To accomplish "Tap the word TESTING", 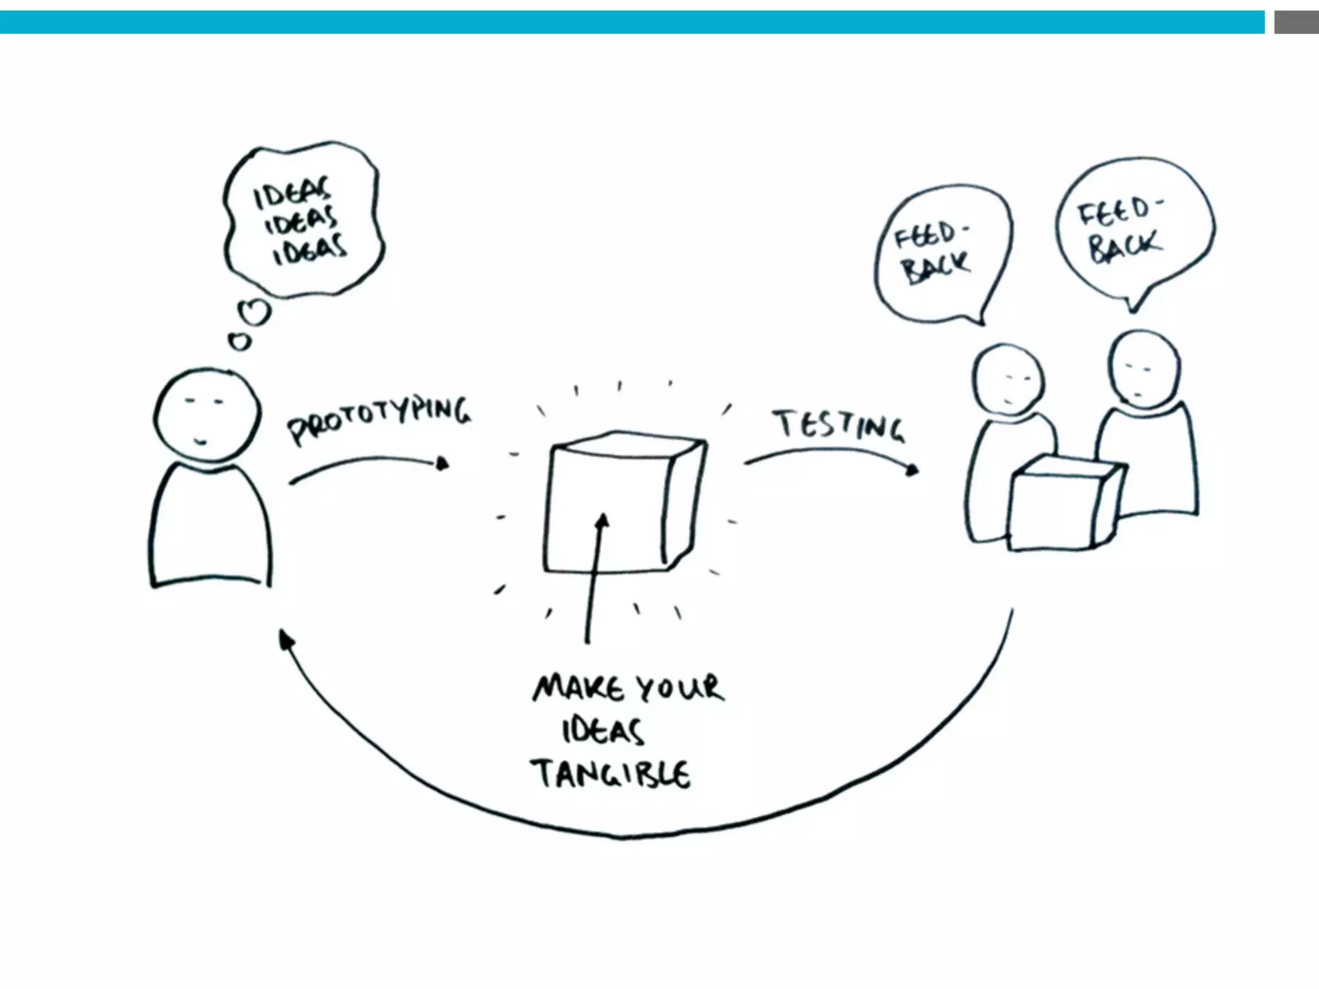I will tap(839, 425).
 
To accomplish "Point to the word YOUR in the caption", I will tap(679, 688).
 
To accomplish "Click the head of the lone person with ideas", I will tap(207, 415).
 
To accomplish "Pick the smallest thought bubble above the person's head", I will tap(240, 341).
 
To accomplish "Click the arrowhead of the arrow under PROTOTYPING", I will tap(442, 464).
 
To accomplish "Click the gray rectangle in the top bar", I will tap(1296, 23).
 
